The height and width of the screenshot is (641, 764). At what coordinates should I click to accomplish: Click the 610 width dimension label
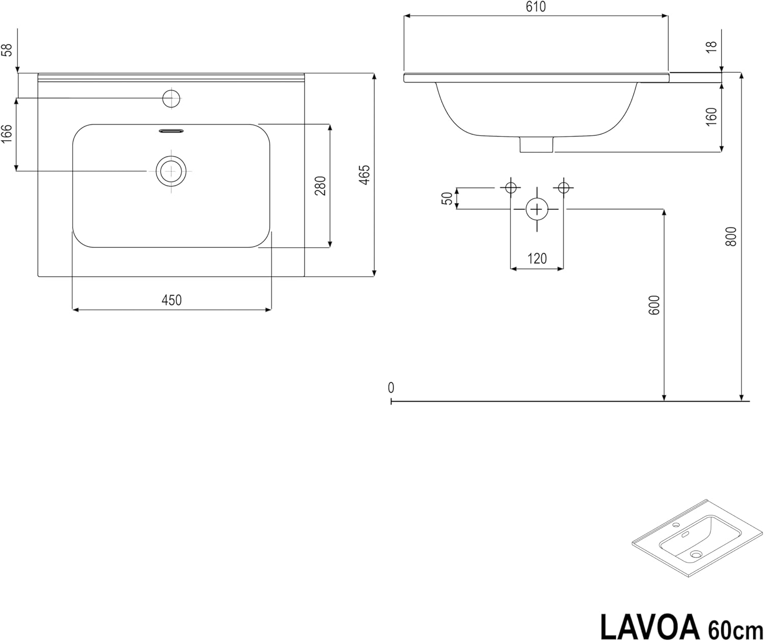coord(536,7)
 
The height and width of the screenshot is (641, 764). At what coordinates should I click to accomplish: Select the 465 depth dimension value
coord(365,175)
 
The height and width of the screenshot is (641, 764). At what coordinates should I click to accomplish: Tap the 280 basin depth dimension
coord(320,185)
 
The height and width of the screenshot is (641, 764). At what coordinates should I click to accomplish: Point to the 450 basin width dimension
coord(172,300)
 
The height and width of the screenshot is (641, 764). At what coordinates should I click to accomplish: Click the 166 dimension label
coord(7,133)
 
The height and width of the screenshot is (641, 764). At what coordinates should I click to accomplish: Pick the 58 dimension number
coord(7,50)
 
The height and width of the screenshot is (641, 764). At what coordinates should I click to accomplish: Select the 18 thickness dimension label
coord(711,47)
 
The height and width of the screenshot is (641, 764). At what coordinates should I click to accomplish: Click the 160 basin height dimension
coord(711,117)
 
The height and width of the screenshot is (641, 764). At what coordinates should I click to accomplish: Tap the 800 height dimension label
coord(731,236)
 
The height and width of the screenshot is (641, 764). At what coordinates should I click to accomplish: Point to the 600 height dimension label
coord(654,305)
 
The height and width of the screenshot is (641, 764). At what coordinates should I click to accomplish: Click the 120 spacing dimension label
coord(537,258)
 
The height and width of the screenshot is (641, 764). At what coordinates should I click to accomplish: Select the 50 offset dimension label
coord(447,198)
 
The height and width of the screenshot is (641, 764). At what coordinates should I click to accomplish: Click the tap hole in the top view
coord(171,98)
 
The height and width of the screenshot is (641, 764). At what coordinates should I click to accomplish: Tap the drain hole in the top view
coord(171,171)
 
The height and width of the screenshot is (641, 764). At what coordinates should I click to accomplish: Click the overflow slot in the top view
coord(171,130)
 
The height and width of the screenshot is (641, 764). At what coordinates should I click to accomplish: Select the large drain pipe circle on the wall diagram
coord(537,209)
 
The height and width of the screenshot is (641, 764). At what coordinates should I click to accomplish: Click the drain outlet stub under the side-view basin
coord(536,144)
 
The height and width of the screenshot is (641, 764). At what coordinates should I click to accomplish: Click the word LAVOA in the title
coord(649,627)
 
